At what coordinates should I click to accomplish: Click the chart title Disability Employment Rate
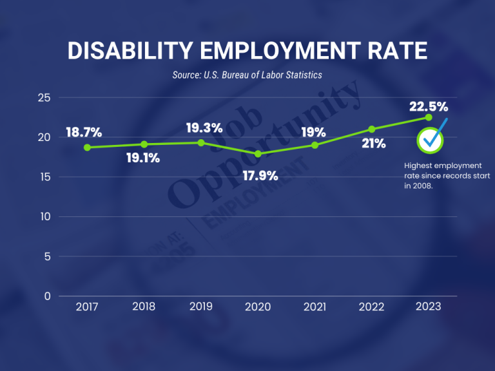(x=247, y=52)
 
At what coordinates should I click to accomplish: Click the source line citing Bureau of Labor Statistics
(x=247, y=75)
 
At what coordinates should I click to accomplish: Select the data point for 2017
(x=87, y=147)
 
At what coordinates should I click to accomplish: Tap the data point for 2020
(x=258, y=154)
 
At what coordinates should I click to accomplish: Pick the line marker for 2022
(x=372, y=129)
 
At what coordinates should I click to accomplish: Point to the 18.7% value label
(x=84, y=133)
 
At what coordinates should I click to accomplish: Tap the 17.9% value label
(x=260, y=175)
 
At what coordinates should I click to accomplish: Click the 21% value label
(x=373, y=144)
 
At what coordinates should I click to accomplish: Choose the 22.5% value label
(x=429, y=107)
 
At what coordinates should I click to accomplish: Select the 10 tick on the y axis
(x=44, y=217)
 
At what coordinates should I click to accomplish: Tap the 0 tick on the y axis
(x=47, y=296)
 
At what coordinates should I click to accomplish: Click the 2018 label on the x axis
(x=144, y=307)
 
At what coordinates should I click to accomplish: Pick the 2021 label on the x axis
(x=315, y=307)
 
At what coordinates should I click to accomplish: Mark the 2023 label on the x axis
(x=429, y=307)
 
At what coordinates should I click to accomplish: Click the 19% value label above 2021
(x=314, y=133)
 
